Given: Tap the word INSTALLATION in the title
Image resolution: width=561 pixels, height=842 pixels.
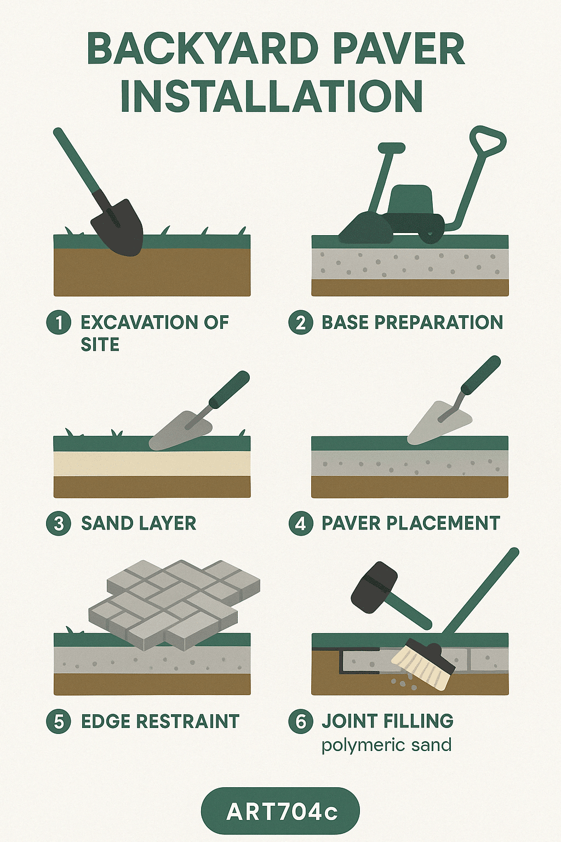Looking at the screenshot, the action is pos(272,95).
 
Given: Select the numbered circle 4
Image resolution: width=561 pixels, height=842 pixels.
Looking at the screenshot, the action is pos(301,523).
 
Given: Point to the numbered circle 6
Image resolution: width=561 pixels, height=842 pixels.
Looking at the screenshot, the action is pos(301,721).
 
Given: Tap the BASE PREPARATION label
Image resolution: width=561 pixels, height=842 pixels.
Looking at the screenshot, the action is pos(412,322).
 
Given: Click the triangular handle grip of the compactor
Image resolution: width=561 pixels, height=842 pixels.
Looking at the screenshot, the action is pos(488,140).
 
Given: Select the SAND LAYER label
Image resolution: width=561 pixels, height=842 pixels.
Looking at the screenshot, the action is pos(139,523).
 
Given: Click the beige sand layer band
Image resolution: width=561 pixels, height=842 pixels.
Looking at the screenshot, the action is pos(152,463).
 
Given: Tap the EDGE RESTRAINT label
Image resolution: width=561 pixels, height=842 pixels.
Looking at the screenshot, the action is pos(160,721).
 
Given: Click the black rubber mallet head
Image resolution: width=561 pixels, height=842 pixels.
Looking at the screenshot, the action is pos(374,588).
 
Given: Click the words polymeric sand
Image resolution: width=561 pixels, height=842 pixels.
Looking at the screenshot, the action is pos(387,744).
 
